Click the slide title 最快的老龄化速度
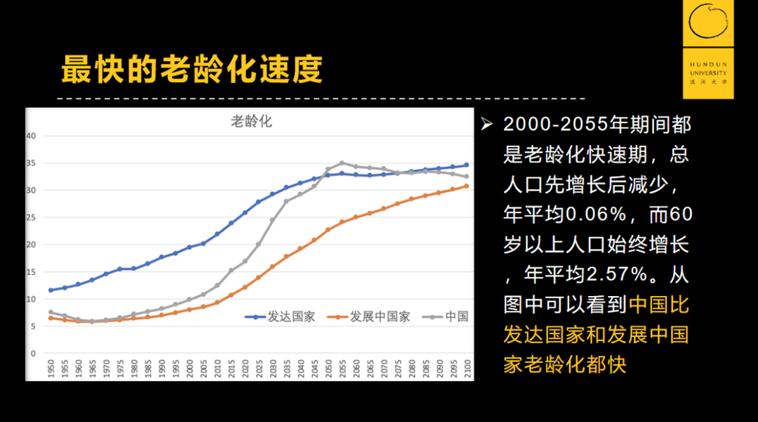click(x=192, y=69)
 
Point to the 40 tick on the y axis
click(x=32, y=136)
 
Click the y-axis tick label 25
click(x=32, y=217)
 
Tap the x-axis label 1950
click(x=51, y=370)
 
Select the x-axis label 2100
click(x=466, y=370)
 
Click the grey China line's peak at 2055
click(x=342, y=162)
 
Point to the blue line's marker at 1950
click(x=51, y=290)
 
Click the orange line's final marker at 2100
click(x=466, y=185)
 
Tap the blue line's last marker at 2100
click(x=466, y=165)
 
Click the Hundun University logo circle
click(x=709, y=25)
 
